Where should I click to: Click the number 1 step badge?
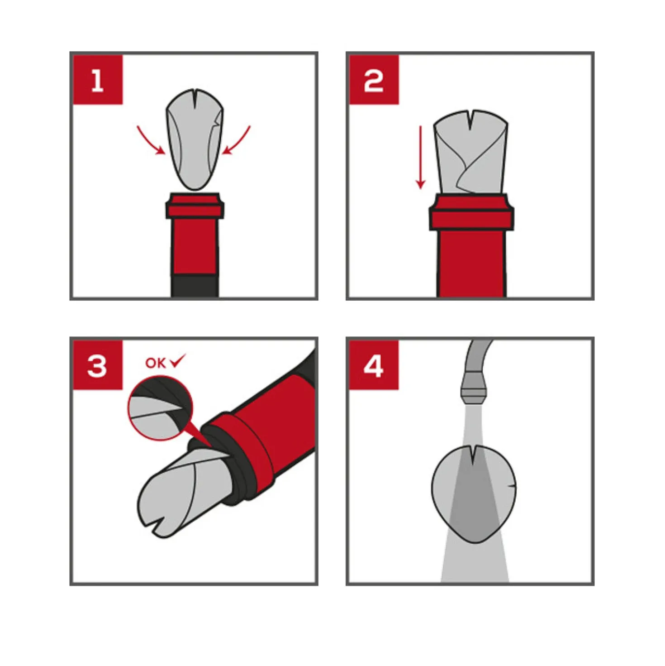tap(98, 80)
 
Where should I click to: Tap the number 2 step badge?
tap(374, 80)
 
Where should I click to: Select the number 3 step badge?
tap(98, 365)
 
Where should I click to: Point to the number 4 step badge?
tap(374, 365)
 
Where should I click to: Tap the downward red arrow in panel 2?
tap(420, 158)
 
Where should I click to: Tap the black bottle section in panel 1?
tap(195, 286)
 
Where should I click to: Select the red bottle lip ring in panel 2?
tap(471, 212)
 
